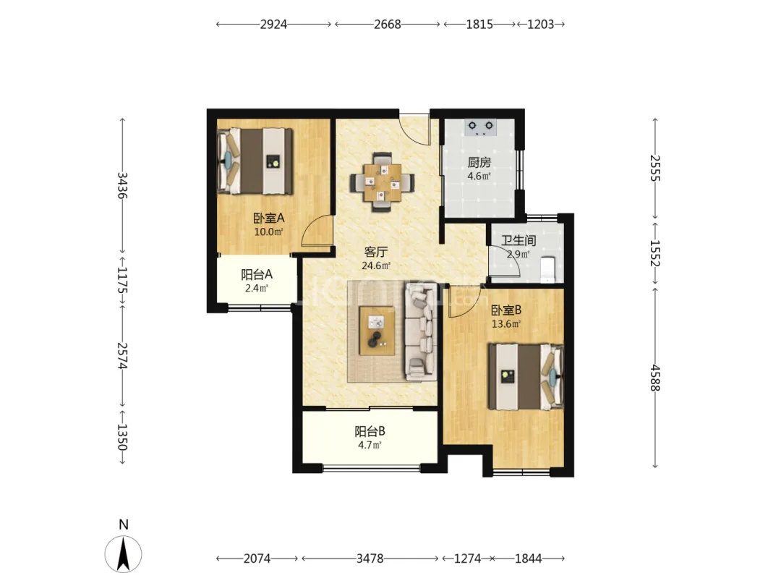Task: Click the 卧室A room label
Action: (268, 218)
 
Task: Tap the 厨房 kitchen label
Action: (479, 163)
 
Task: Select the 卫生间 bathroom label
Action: (518, 240)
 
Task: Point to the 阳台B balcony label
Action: (370, 431)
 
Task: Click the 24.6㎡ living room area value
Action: (376, 266)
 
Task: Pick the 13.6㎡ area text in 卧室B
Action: (506, 324)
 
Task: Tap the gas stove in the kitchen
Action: (481, 127)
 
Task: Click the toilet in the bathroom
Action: (548, 269)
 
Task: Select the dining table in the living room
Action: (382, 182)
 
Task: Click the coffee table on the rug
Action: (377, 331)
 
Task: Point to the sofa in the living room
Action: (422, 331)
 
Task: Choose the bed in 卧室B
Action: (526, 376)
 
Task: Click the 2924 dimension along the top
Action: (273, 24)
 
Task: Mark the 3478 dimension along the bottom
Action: (370, 559)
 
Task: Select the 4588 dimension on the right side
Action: (655, 378)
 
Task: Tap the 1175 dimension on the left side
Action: (122, 281)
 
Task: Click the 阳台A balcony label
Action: (257, 275)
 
